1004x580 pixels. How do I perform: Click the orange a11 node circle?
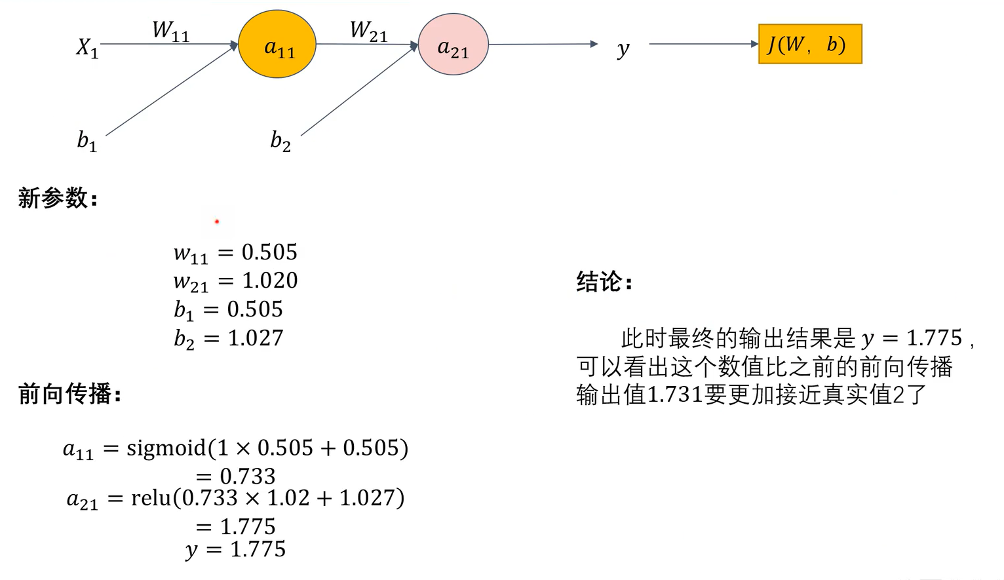pos(277,45)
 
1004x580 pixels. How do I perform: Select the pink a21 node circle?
pos(453,45)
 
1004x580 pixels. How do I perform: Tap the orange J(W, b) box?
pos(809,44)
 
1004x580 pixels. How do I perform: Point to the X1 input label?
pos(87,47)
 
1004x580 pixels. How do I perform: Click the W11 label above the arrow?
pos(170,31)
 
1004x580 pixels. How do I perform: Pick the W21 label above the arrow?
pos(368,31)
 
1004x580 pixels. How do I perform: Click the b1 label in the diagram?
pos(87,140)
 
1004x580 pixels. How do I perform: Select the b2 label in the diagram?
pos(280,140)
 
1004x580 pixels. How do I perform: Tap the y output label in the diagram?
pos(623,48)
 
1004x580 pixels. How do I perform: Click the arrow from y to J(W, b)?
pos(703,44)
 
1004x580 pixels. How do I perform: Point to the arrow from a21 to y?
pos(543,44)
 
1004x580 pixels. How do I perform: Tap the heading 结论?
pos(604,282)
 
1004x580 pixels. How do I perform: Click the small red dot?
pos(217,222)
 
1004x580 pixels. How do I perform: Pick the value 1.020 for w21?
pos(270,280)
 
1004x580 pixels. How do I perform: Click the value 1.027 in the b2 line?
pos(256,338)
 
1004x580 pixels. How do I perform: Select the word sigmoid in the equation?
pos(166,448)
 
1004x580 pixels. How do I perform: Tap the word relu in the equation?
pos(151,498)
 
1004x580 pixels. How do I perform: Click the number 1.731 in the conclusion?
pos(674,395)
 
